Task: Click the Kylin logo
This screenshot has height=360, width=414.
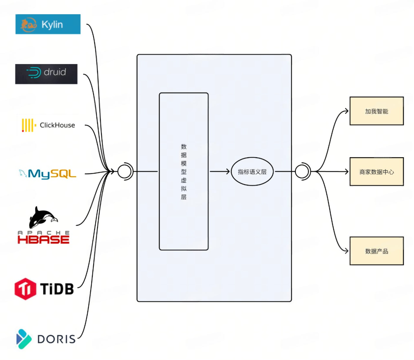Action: (x=48, y=24)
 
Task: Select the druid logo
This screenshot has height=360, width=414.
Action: (x=46, y=74)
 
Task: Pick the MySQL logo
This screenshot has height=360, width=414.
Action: (x=47, y=174)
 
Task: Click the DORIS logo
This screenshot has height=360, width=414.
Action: (x=46, y=339)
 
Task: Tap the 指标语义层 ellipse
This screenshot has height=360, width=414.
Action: (x=252, y=172)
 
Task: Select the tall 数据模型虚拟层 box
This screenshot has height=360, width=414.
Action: (x=184, y=171)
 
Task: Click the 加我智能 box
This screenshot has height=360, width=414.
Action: (x=376, y=111)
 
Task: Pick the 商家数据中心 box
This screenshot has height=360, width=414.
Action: (x=376, y=172)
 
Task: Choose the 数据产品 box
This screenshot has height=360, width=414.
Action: (x=376, y=251)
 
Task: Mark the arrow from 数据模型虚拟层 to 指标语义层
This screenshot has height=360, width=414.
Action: (x=220, y=171)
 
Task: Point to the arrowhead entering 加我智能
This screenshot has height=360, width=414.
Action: (x=347, y=111)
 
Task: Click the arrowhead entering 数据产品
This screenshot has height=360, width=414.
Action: (x=347, y=251)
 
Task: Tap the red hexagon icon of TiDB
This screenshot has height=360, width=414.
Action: (x=25, y=289)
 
